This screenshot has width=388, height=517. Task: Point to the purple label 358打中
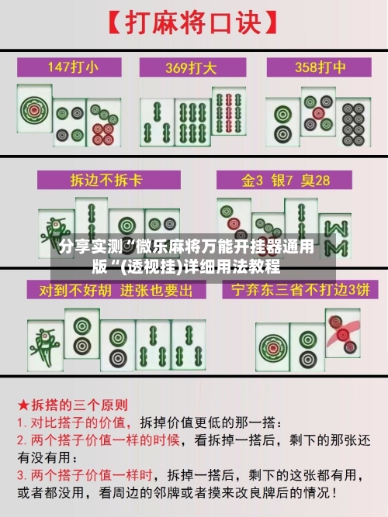(318, 67)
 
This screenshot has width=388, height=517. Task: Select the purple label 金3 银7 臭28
(286, 180)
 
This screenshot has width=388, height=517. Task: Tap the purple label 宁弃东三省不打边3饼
(296, 290)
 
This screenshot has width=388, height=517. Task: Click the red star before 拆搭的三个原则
(24, 405)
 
